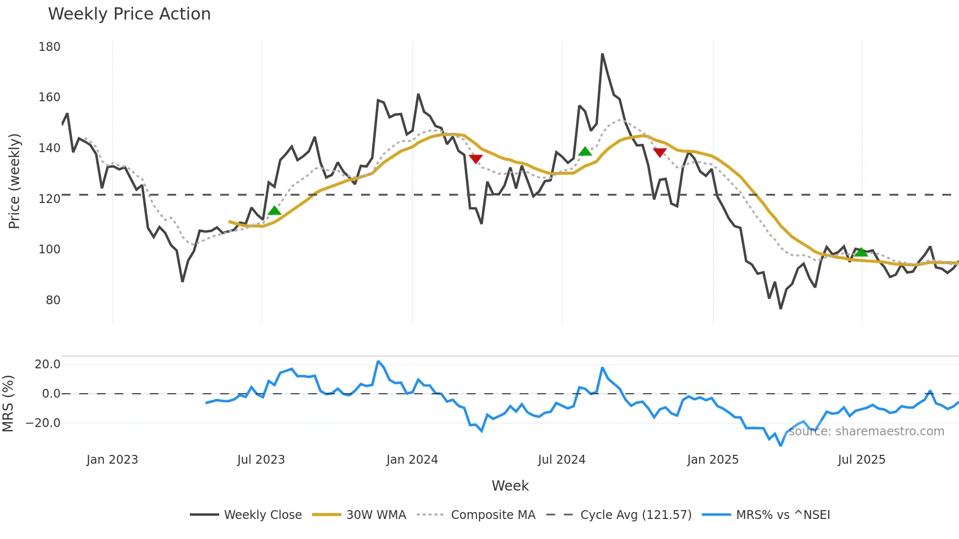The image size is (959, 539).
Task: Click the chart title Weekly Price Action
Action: tap(129, 14)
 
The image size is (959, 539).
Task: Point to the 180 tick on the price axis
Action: tap(49, 47)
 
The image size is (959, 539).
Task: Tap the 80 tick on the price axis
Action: tap(53, 300)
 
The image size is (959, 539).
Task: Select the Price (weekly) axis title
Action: tap(14, 181)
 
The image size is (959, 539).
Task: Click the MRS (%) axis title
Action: tap(8, 404)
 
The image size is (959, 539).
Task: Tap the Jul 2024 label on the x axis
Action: tap(561, 460)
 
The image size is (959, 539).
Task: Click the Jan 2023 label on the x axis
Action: tap(112, 460)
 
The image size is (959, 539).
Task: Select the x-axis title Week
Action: tap(510, 486)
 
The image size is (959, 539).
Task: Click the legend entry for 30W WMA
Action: tap(376, 515)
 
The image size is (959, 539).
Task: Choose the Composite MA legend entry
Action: tap(493, 515)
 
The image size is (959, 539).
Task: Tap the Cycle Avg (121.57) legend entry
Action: tap(636, 515)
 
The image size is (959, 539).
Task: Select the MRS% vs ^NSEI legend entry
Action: tap(783, 515)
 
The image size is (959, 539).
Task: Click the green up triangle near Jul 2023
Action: tap(274, 211)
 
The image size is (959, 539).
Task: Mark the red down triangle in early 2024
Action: tap(476, 158)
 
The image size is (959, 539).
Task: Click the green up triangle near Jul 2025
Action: tap(861, 252)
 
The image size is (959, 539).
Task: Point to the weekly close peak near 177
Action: tap(602, 54)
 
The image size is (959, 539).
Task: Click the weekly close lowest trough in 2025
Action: tap(780, 308)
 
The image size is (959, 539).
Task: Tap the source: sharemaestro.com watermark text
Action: tap(866, 431)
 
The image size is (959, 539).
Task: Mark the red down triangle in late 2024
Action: tap(660, 153)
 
